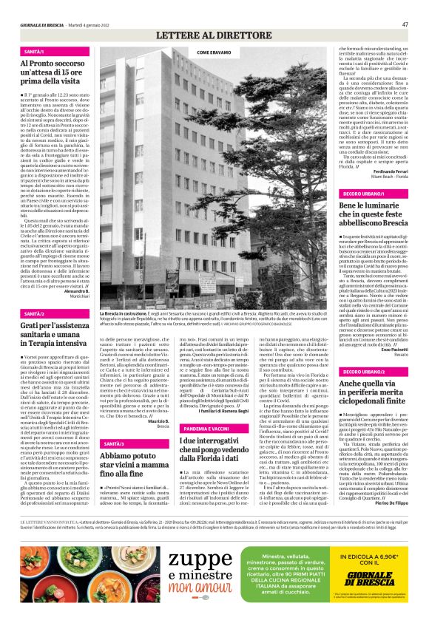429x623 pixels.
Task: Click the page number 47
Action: [405, 24]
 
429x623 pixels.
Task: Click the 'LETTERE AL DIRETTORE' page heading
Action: [214, 35]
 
